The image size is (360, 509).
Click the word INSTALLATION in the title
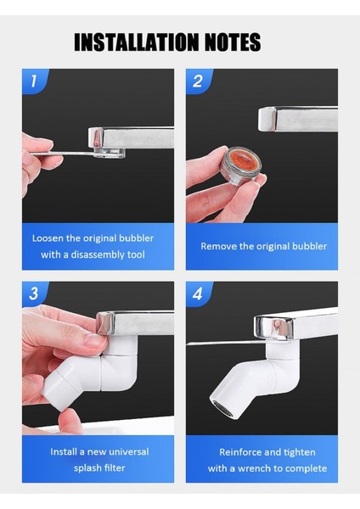[x=136, y=42]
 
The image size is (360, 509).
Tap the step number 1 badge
[x=33, y=81]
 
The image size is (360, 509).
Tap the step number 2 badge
[x=197, y=81]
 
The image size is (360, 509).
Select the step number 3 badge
[x=33, y=294]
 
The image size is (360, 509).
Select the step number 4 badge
[x=197, y=294]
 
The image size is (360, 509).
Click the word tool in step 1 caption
[x=136, y=255]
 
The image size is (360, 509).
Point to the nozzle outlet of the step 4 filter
[x=222, y=408]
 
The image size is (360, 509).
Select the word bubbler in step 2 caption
[x=309, y=246]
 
